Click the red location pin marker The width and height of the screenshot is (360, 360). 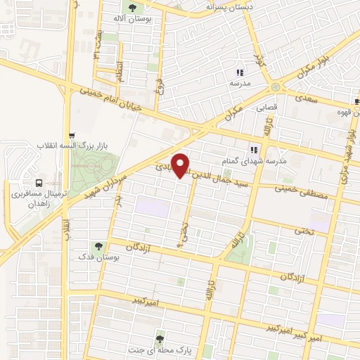(x=181, y=165)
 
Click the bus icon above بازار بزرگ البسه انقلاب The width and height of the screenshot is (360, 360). (x=71, y=136)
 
